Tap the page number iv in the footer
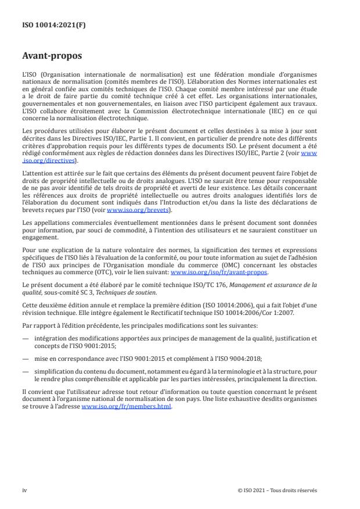tap(24, 490)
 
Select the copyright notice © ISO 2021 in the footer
tap(277, 490)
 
